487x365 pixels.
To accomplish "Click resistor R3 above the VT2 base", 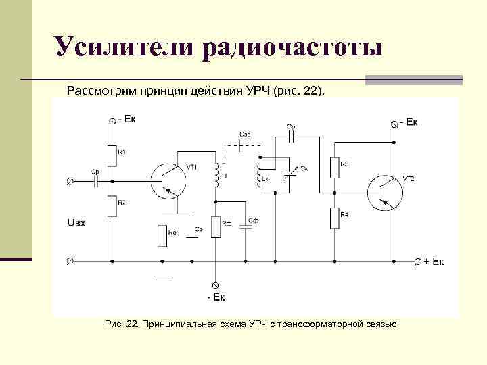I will (334, 167).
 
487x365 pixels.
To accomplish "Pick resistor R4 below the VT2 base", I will (334, 218).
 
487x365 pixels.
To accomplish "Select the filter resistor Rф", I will (216, 227).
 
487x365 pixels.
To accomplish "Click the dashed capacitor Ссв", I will (246, 143).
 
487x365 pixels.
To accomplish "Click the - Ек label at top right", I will (408, 122).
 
